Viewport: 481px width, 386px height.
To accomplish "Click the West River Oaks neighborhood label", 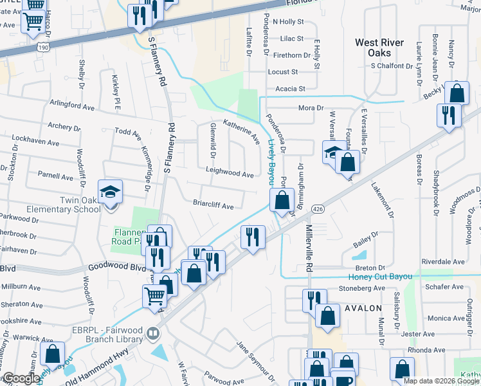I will (x=379, y=48).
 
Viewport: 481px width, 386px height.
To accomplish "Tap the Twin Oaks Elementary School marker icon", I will (x=110, y=192).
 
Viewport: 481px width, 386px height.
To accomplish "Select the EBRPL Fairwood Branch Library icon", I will (x=153, y=333).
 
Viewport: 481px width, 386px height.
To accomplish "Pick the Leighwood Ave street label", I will (x=230, y=174).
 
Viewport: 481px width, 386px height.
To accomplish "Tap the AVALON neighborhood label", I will (x=364, y=308).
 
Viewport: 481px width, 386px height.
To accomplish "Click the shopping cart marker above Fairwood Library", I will (x=154, y=297).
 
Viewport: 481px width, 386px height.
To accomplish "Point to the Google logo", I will (x=21, y=378).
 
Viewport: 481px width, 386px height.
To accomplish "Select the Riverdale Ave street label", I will (x=442, y=262).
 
